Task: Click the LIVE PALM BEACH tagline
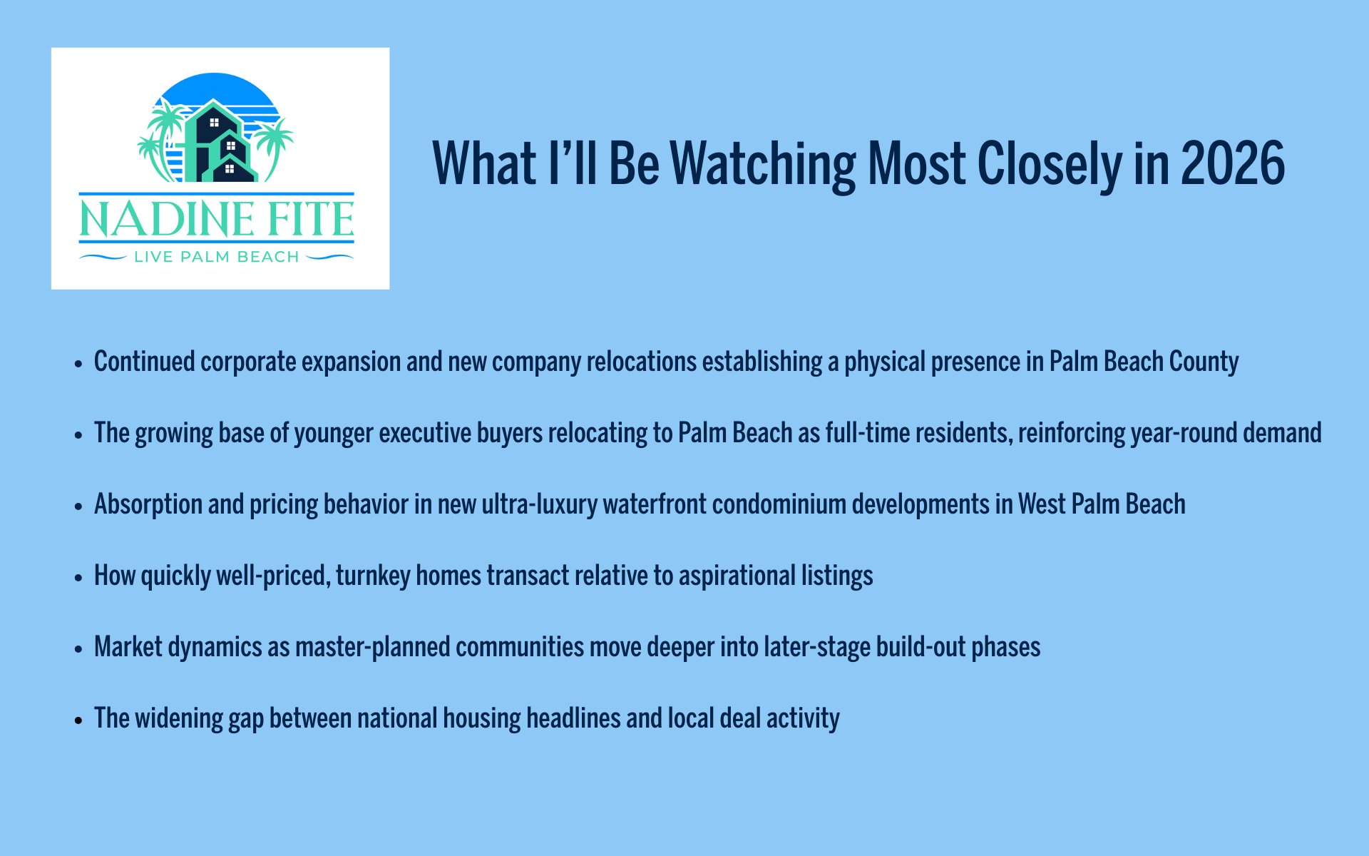pyautogui.click(x=217, y=257)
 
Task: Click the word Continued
pyautogui.click(x=145, y=362)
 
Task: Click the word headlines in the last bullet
pyautogui.click(x=573, y=719)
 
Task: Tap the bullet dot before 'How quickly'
pyautogui.click(x=78, y=577)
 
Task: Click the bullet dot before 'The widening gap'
pyautogui.click(x=78, y=720)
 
